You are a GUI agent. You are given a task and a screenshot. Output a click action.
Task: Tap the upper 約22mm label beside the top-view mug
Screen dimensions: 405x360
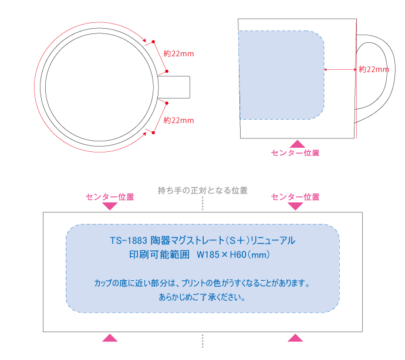[x=178, y=54]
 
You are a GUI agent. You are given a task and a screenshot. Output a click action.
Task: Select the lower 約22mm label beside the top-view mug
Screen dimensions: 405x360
[x=178, y=120]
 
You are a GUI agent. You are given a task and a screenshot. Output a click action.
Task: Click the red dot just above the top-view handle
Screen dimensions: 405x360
[x=167, y=71]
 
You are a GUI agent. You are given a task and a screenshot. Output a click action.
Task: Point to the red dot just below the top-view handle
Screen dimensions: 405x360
[x=167, y=103]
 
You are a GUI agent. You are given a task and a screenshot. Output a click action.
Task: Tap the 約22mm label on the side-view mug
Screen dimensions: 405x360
[x=374, y=69]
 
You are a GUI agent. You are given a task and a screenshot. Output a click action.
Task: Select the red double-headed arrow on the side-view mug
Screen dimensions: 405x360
[x=340, y=69]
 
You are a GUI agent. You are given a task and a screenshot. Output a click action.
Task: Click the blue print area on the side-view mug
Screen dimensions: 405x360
[x=281, y=75]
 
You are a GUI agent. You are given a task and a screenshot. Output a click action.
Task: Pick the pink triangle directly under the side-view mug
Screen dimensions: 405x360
[x=297, y=144]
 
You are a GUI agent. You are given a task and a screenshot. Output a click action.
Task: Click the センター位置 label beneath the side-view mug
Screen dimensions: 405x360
[x=295, y=153]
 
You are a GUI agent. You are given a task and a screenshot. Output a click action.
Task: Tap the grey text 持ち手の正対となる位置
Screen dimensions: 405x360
[x=203, y=191]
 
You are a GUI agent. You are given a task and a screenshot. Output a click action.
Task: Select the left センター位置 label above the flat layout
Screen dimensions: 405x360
[x=110, y=197]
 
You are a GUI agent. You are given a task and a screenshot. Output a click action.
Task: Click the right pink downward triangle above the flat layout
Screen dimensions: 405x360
[x=295, y=206]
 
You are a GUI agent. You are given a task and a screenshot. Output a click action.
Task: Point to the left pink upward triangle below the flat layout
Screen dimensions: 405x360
[x=110, y=338]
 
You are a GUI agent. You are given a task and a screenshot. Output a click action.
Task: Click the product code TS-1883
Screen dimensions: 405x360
[x=129, y=240]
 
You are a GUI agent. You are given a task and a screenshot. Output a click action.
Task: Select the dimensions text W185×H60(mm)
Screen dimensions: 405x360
[x=233, y=254]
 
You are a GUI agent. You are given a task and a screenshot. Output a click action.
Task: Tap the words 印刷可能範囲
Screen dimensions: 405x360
[x=160, y=254]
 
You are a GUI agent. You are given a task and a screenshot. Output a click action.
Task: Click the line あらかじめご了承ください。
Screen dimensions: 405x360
[x=203, y=297]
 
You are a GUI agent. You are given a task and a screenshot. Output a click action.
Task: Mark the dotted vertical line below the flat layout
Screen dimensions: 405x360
[x=203, y=341]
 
